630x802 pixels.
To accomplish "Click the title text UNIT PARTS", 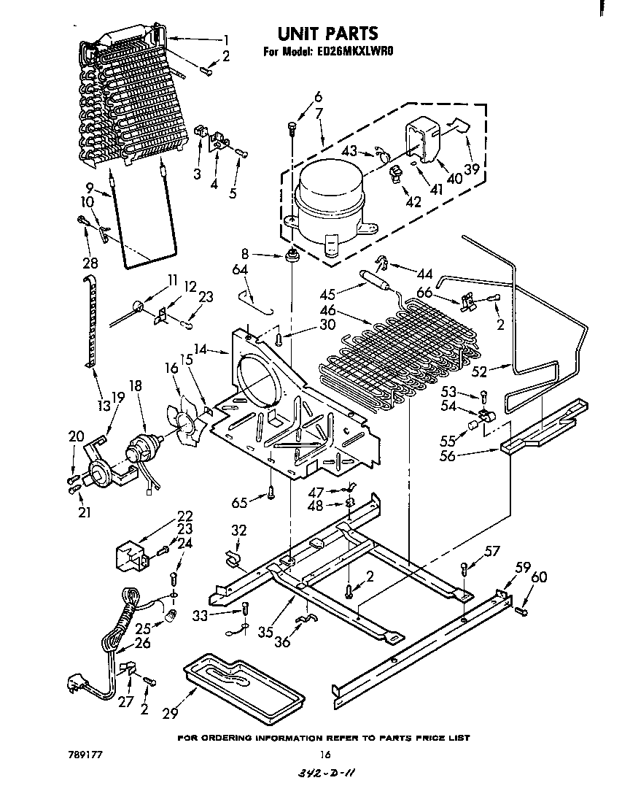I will pos(327,33).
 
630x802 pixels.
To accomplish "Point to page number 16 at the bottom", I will pos(325,755).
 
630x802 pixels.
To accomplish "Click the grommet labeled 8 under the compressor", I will pos(295,256).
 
